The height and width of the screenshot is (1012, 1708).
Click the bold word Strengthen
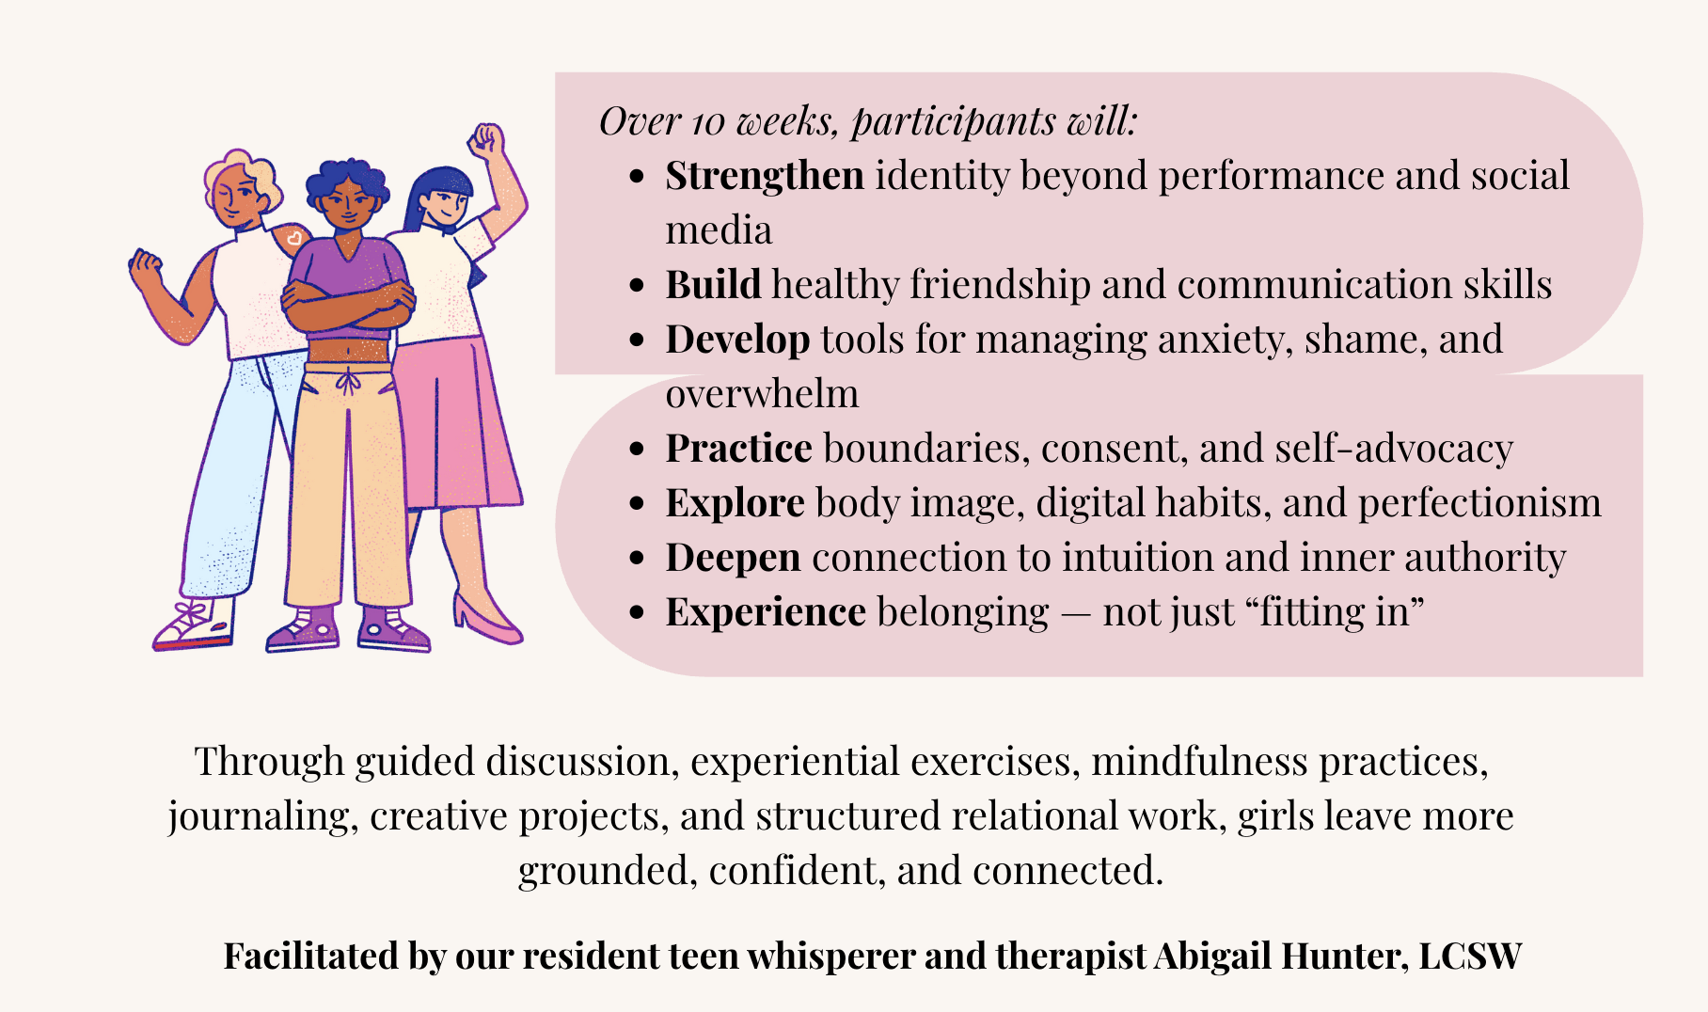(764, 177)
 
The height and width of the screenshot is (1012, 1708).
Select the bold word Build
(713, 285)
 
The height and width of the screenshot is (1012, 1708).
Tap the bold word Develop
(737, 340)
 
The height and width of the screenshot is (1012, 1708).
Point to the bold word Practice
(738, 449)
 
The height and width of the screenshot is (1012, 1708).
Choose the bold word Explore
(735, 503)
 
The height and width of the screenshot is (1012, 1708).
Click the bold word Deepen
(733, 558)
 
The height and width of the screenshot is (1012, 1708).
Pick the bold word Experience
(766, 612)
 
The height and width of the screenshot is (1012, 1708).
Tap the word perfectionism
(1479, 503)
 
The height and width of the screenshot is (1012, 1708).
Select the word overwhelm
(762, 394)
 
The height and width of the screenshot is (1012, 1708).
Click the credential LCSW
(1470, 957)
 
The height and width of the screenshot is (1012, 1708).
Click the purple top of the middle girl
(348, 273)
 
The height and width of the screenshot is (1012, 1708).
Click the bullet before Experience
(638, 613)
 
